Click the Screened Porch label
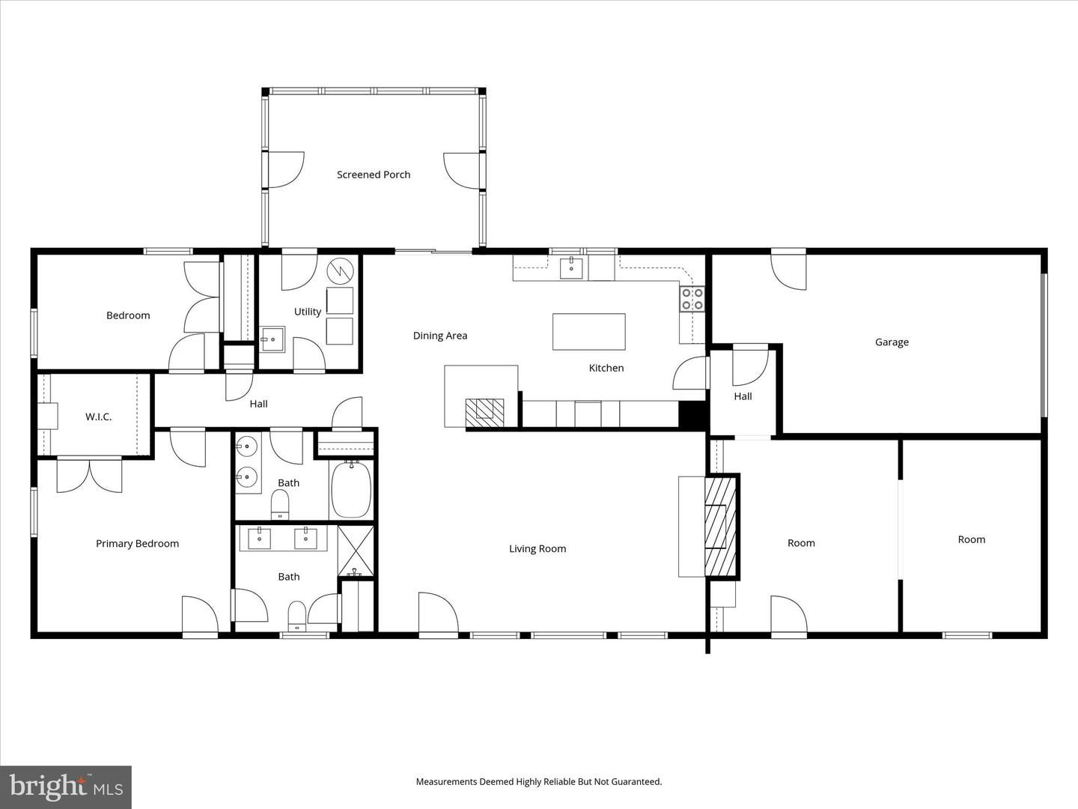(x=374, y=175)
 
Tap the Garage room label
(x=892, y=342)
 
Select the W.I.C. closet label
(x=98, y=416)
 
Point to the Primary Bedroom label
(x=137, y=544)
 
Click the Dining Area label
(x=440, y=336)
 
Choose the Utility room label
(x=307, y=312)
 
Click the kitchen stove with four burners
(x=692, y=299)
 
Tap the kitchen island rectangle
(x=588, y=332)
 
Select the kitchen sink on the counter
(x=572, y=267)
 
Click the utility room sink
(x=272, y=339)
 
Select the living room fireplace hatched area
(x=721, y=526)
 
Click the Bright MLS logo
(x=66, y=787)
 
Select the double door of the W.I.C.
(x=89, y=475)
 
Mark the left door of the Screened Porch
(x=285, y=170)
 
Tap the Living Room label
(x=538, y=549)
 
